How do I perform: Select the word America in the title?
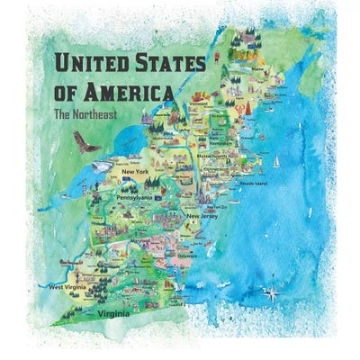(x=134, y=93)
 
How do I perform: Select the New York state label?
(x=135, y=172)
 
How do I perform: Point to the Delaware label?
(x=187, y=256)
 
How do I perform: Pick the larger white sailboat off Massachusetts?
(x=277, y=163)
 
